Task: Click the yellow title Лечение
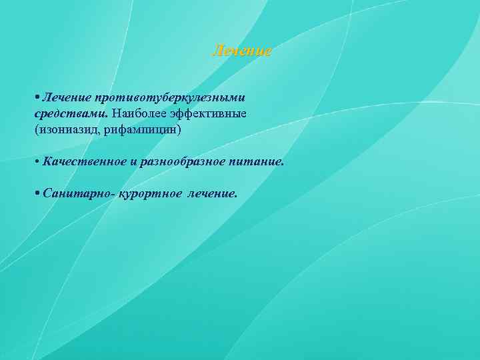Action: click(x=241, y=51)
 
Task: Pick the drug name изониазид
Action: click(x=65, y=130)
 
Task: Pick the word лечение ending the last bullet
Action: click(x=212, y=193)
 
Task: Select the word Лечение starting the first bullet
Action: click(x=66, y=98)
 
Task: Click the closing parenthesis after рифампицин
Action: click(x=179, y=130)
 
